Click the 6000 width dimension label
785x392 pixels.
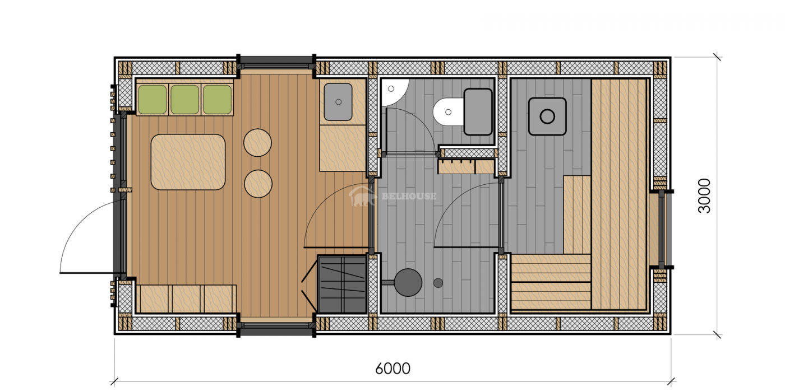(x=392, y=368)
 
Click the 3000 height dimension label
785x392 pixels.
(x=704, y=196)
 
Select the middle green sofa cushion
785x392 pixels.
(x=184, y=100)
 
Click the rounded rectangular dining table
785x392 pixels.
(x=188, y=162)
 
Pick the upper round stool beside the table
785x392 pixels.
(x=257, y=143)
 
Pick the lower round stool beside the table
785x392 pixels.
(x=258, y=184)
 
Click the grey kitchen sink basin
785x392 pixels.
(x=338, y=102)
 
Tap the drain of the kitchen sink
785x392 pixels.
(x=339, y=102)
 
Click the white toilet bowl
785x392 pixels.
(x=449, y=112)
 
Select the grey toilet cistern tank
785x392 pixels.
(x=478, y=111)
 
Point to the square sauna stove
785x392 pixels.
(x=547, y=116)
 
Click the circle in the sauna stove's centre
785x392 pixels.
(x=547, y=116)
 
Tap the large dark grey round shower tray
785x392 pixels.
(x=408, y=282)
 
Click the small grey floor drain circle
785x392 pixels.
(x=438, y=283)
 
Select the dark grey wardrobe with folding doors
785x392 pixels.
(x=343, y=284)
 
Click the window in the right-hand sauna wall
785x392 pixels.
(x=662, y=229)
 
